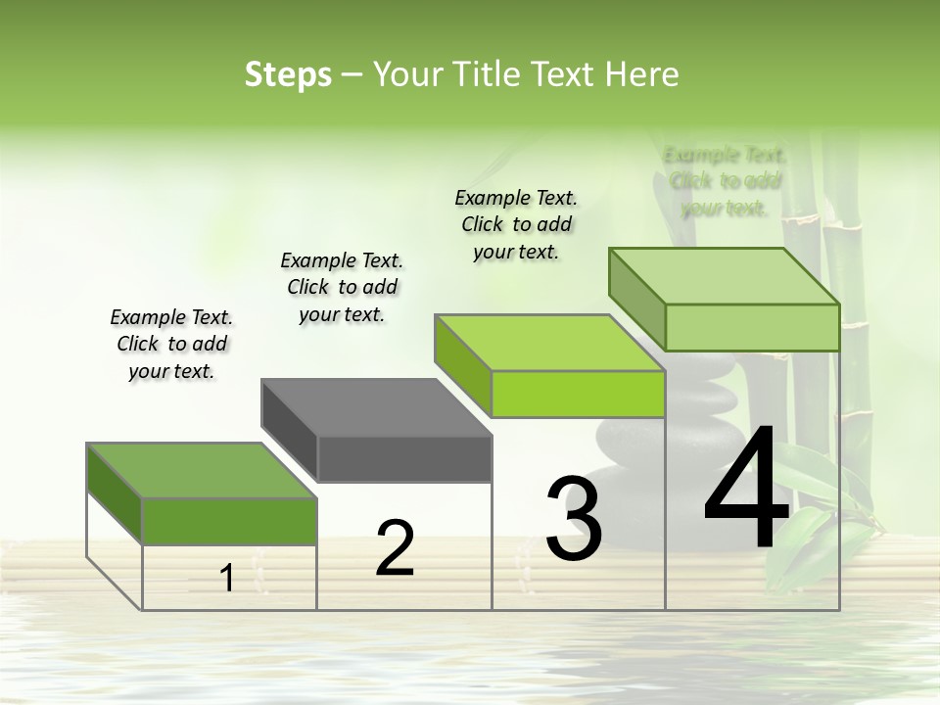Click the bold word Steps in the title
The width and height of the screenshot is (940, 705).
pyautogui.click(x=288, y=74)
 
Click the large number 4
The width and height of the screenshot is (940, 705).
pyautogui.click(x=746, y=490)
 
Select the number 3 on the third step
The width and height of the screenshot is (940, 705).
pyautogui.click(x=573, y=519)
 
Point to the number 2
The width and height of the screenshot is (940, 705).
pyautogui.click(x=396, y=548)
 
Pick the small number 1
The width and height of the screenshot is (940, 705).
pyautogui.click(x=227, y=579)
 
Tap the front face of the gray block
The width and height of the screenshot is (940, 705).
pyautogui.click(x=404, y=459)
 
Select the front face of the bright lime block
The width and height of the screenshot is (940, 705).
pyautogui.click(x=578, y=394)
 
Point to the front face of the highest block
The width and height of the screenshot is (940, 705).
pyautogui.click(x=752, y=327)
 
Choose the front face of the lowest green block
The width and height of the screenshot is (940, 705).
pyautogui.click(x=229, y=521)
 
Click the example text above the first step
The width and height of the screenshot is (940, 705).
pyautogui.click(x=171, y=344)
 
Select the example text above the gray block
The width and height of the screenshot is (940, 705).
pyautogui.click(x=342, y=287)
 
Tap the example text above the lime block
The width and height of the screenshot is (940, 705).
pyautogui.click(x=516, y=224)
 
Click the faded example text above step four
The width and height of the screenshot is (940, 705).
pyautogui.click(x=725, y=181)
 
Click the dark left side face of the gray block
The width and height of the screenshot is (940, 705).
pyautogui.click(x=289, y=427)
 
